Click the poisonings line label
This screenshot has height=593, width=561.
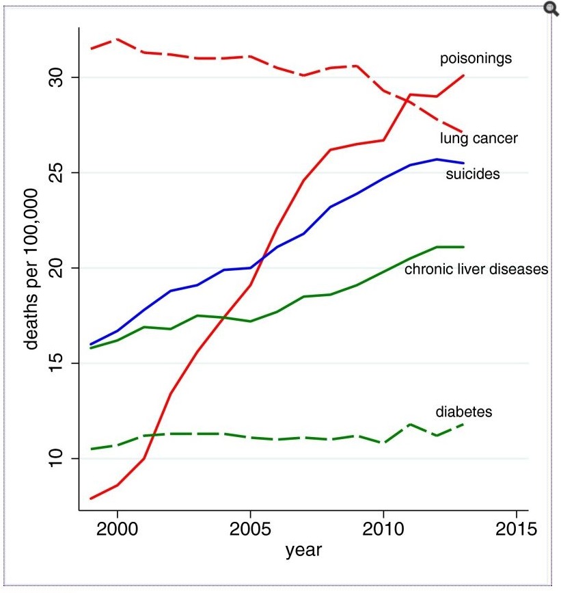coord(476,59)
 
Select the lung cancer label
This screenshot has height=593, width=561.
coord(478,139)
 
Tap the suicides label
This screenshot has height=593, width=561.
coord(472,174)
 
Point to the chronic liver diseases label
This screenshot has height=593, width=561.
coord(476,269)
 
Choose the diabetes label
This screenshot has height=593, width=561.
coord(464,412)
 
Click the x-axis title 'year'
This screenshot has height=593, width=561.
coord(303,549)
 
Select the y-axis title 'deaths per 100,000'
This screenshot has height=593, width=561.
coord(32,269)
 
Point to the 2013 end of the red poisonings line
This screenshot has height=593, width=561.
coord(463,75)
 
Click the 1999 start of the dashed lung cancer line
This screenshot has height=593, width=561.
coord(90,49)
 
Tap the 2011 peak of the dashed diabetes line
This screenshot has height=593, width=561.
coord(410,424)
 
